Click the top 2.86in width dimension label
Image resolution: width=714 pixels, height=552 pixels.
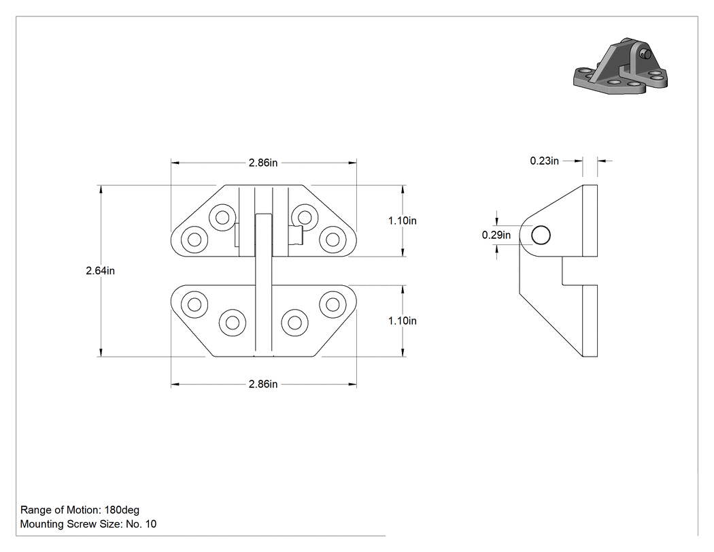[262, 163]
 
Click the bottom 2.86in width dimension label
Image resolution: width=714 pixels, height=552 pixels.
[262, 385]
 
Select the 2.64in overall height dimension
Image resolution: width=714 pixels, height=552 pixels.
[100, 271]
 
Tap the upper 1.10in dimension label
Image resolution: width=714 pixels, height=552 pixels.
[402, 221]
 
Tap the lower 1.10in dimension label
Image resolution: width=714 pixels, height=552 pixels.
[402, 321]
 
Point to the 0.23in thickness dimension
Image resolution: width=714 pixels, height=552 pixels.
[544, 161]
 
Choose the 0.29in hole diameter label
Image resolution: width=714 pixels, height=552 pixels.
[496, 236]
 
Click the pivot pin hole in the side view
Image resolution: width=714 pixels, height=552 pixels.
[541, 236]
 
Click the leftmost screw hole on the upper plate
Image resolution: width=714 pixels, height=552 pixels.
[194, 240]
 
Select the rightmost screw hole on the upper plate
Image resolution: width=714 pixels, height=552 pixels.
[333, 240]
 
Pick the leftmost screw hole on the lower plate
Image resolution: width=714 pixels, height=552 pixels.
[194, 304]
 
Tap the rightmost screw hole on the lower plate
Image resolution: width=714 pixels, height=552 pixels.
[333, 304]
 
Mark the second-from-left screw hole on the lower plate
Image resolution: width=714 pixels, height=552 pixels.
[233, 323]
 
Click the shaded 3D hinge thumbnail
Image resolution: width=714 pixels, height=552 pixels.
[621, 67]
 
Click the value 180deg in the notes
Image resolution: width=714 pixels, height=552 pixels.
[122, 510]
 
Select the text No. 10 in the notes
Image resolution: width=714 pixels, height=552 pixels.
[141, 524]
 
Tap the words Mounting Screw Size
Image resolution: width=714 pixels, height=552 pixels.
[71, 524]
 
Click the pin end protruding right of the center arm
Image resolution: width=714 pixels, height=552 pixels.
[296, 236]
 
